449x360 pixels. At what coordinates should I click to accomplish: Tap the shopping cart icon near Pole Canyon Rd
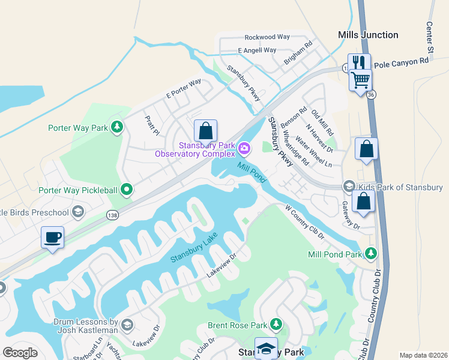click(x=360, y=79)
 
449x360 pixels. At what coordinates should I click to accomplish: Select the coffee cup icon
click(x=53, y=237)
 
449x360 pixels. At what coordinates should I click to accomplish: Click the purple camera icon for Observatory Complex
click(x=244, y=148)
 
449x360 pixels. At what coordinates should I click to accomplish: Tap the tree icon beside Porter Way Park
click(x=118, y=127)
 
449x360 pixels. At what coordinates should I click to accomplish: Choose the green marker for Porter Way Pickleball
click(x=126, y=190)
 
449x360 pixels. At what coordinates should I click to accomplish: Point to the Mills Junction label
click(x=368, y=35)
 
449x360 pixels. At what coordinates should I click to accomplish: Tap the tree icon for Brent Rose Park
click(x=276, y=325)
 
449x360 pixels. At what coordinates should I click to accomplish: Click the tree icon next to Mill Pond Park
click(x=372, y=254)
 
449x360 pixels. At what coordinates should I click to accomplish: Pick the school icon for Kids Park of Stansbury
click(x=349, y=187)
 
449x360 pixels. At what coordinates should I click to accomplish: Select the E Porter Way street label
click(x=183, y=89)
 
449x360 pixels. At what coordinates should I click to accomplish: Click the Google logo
click(x=20, y=353)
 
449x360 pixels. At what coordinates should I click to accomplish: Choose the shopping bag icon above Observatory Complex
click(x=205, y=131)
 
